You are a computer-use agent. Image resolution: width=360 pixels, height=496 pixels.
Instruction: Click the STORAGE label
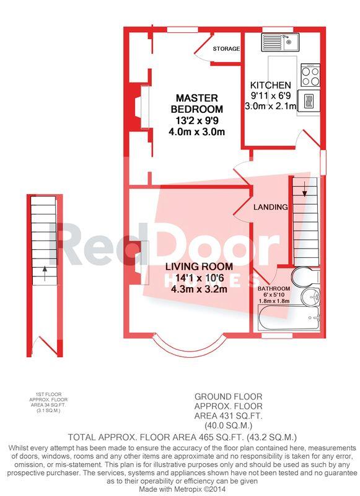tap(226, 49)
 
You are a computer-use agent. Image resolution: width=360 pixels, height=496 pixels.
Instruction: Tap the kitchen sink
tap(280, 42)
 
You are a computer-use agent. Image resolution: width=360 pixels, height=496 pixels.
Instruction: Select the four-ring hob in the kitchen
tap(310, 75)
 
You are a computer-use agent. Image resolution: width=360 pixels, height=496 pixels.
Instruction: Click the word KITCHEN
tap(271, 85)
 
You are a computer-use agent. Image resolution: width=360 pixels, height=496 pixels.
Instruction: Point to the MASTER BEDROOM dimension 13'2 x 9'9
tap(197, 120)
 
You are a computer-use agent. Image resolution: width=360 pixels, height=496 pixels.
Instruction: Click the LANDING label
tap(271, 207)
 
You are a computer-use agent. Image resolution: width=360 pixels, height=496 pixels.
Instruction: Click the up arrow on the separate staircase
tap(45, 273)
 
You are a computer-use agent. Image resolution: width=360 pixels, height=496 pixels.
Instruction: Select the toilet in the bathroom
tap(306, 276)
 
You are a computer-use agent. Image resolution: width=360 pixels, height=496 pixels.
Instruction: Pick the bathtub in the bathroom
tap(289, 318)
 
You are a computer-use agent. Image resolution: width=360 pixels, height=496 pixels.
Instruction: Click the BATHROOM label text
tap(274, 289)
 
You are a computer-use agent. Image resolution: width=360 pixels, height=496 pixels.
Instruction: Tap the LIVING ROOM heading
tap(199, 267)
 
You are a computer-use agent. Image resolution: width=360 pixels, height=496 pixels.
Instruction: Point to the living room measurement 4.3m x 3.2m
tap(199, 289)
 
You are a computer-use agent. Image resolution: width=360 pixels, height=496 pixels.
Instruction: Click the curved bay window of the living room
tap(190, 347)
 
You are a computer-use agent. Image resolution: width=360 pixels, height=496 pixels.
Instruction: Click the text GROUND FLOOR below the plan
tap(228, 396)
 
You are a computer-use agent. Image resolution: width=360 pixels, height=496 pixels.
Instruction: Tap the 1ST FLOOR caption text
tap(48, 394)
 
